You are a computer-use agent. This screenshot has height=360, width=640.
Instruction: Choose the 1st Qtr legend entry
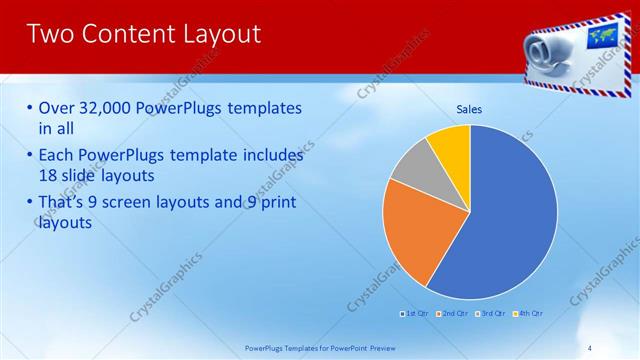pos(413,314)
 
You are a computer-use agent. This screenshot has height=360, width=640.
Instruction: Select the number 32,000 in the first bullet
pos(105,108)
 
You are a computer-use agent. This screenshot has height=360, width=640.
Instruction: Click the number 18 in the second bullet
pos(48,175)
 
